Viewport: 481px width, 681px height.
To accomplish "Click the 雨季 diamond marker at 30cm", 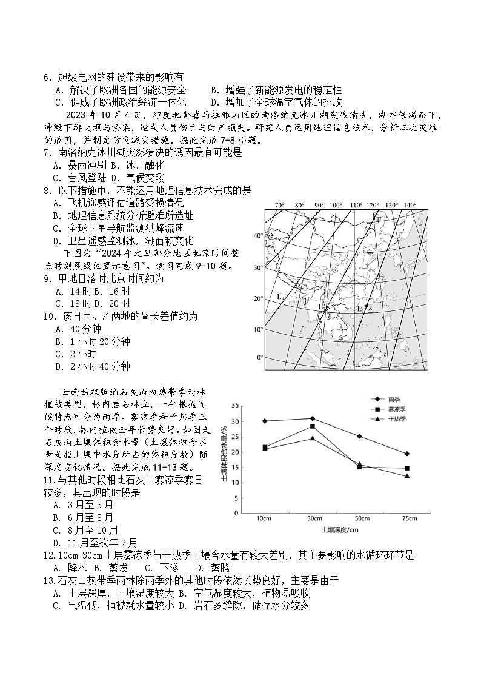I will pos(312,418).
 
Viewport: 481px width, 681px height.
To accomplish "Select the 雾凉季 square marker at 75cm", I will pos(407,468).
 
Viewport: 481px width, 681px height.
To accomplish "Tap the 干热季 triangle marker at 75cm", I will pos(407,476).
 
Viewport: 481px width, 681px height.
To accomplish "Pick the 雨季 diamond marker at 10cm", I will pos(265,421).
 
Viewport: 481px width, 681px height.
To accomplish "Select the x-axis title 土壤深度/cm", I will pos(340,529).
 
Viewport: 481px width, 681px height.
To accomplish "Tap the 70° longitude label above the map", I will pos(279,205).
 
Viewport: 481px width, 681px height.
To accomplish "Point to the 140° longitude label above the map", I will pos(410,205).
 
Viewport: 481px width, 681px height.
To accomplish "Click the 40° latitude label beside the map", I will pos(258,235).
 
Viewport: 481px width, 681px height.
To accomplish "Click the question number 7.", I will pos(46,153).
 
